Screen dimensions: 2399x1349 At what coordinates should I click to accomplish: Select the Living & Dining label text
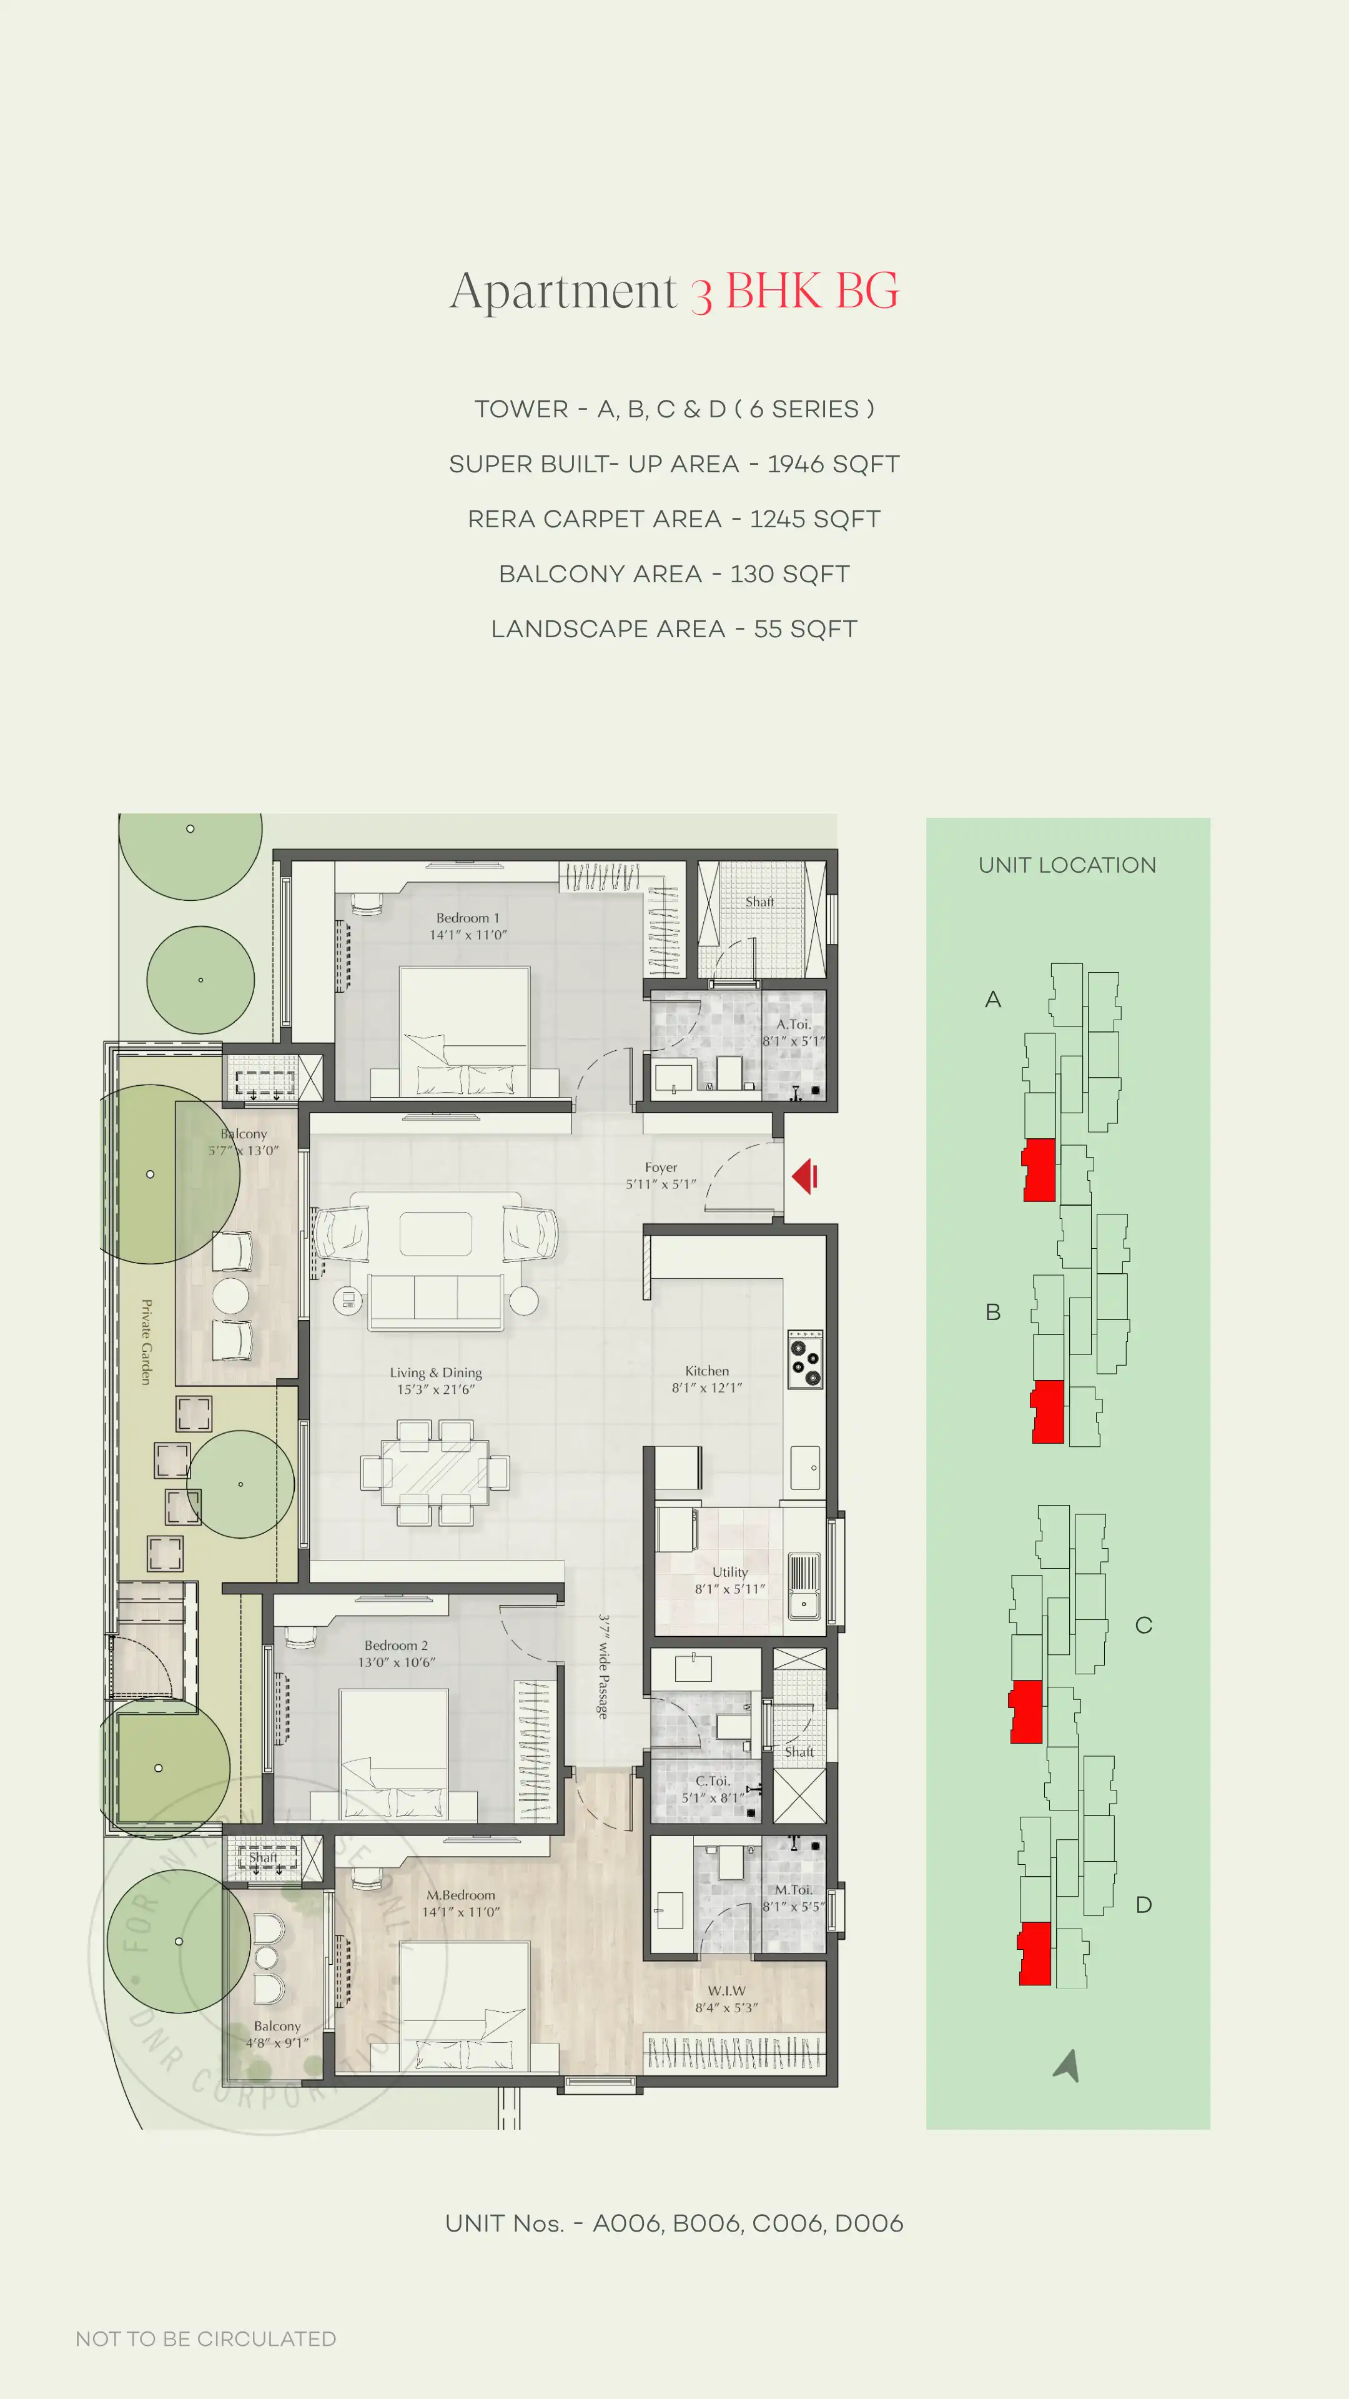click(x=436, y=1373)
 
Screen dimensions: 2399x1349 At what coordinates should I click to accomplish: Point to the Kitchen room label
click(x=706, y=1371)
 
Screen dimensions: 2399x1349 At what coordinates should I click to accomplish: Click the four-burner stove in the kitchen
click(x=805, y=1359)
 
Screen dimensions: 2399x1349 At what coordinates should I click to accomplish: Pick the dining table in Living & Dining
click(x=435, y=1471)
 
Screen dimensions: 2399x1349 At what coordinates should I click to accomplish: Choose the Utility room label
click(x=730, y=1572)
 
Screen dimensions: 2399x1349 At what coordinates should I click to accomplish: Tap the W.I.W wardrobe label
click(x=726, y=1991)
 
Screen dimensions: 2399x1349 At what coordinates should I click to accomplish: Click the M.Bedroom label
click(x=461, y=1895)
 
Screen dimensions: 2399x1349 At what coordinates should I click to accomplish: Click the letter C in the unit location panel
click(x=1144, y=1625)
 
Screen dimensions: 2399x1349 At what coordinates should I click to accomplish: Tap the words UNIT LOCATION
click(x=1067, y=865)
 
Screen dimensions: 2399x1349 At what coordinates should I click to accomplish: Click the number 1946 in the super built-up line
click(x=796, y=464)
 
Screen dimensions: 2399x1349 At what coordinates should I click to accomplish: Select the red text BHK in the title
click(x=773, y=291)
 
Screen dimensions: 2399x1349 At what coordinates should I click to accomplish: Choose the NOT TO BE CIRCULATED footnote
click(x=205, y=2338)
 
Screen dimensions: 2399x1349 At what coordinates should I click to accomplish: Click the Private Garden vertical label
click(x=146, y=1342)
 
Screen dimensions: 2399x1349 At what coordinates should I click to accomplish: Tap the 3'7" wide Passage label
click(x=603, y=1667)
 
